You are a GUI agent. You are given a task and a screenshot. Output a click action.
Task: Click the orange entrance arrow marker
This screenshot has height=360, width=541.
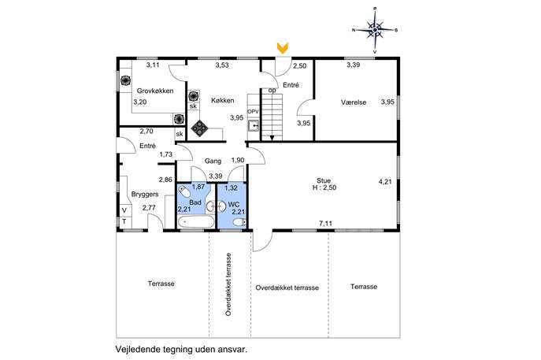283,48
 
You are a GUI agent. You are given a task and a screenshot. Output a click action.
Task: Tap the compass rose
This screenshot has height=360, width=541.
375,31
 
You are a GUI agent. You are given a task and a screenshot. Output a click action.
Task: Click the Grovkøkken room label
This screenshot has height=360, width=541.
155,91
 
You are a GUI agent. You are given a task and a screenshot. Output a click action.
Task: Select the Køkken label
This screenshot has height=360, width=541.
223,100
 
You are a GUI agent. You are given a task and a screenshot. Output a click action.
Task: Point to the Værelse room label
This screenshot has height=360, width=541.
354,102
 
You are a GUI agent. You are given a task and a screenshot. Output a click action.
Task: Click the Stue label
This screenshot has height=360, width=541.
324,180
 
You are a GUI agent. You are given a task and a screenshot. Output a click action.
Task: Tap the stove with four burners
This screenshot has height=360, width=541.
200,128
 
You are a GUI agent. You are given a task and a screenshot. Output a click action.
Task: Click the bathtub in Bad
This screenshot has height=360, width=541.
195,221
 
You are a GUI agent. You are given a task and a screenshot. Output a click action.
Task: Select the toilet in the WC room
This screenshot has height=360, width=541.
239,222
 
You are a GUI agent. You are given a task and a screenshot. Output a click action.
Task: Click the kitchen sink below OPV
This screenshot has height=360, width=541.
254,125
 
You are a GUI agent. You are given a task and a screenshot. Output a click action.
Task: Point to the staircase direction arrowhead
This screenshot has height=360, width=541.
272,138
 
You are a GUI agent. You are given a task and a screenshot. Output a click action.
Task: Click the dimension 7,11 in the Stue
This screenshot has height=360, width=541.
325,223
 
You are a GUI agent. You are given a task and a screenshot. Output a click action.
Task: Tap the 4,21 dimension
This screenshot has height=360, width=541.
385,181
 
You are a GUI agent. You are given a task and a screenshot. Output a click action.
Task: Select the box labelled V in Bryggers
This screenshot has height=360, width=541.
124,210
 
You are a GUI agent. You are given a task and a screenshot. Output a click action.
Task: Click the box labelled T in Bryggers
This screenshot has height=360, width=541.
124,221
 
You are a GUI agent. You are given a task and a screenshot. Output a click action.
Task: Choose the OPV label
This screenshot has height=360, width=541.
253,112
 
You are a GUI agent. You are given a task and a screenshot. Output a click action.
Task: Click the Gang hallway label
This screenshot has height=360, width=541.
213,161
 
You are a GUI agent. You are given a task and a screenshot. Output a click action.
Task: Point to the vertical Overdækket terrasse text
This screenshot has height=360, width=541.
228,284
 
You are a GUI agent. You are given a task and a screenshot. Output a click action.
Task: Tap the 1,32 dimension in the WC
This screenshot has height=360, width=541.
231,187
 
